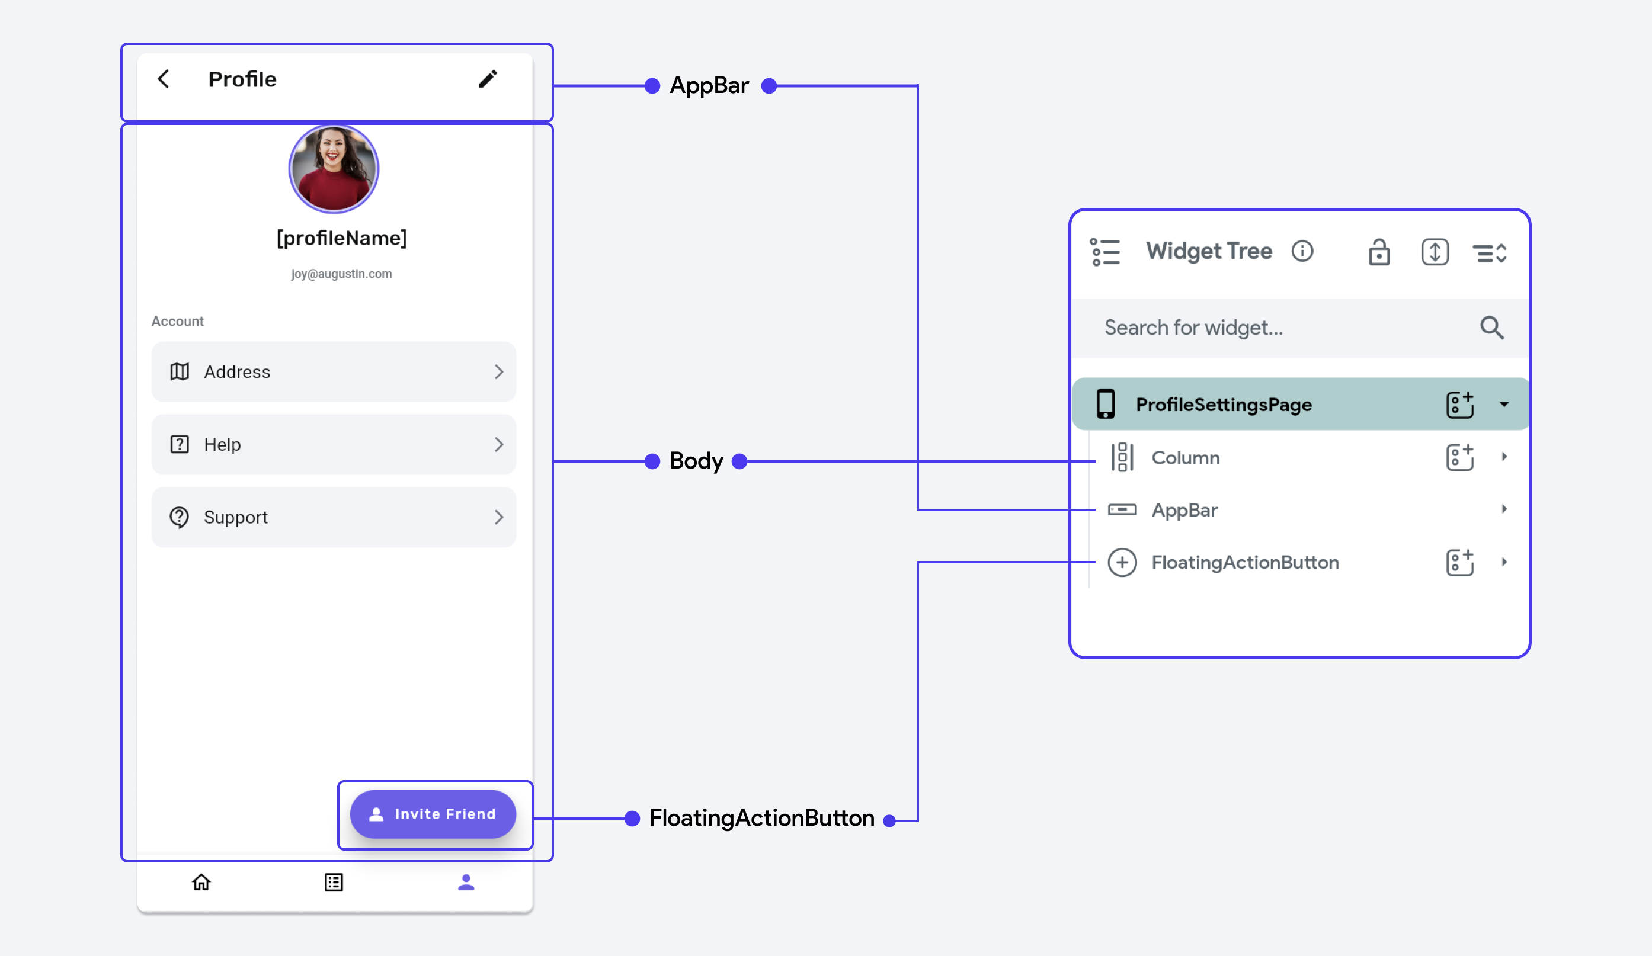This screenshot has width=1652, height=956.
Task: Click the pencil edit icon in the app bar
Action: [488, 79]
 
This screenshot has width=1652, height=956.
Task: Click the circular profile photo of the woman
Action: [334, 169]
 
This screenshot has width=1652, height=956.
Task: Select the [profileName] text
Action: [341, 238]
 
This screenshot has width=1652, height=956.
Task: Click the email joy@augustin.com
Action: [341, 274]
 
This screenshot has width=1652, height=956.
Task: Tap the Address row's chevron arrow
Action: [499, 372]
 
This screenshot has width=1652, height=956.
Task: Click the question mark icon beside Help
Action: [180, 444]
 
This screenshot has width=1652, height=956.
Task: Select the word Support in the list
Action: [236, 518]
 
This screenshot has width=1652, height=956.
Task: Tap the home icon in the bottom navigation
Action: [201, 883]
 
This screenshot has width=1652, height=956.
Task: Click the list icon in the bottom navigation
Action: [334, 883]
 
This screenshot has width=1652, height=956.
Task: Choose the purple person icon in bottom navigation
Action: [466, 883]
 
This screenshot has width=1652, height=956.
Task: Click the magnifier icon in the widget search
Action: [1492, 328]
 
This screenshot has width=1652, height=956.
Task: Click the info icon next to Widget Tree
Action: [1302, 251]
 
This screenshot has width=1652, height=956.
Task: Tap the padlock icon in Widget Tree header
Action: [1379, 252]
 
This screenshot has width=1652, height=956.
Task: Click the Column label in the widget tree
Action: [1186, 458]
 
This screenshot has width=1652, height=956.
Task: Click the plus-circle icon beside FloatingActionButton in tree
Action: [1122, 563]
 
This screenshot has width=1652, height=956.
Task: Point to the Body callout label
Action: [696, 461]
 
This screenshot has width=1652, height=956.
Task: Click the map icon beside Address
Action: [180, 372]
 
